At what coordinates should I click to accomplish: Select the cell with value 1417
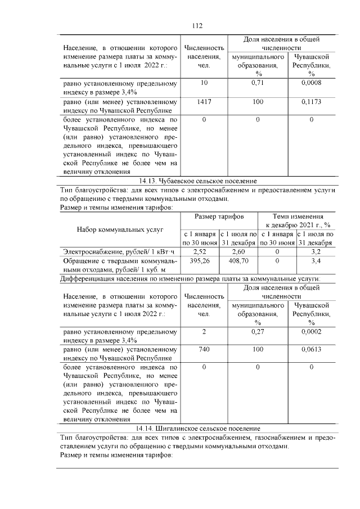click(204, 102)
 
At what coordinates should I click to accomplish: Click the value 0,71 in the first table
click(258, 83)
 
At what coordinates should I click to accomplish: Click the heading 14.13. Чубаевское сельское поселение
click(197, 181)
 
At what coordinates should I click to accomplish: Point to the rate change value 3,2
click(316, 251)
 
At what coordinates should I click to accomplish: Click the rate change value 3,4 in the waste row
click(316, 261)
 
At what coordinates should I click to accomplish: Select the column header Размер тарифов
click(219, 217)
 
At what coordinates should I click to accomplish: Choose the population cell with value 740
click(204, 349)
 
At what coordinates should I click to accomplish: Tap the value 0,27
click(258, 331)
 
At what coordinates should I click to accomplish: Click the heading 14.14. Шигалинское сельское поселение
click(197, 429)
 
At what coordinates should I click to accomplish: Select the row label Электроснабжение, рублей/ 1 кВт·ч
click(119, 251)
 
